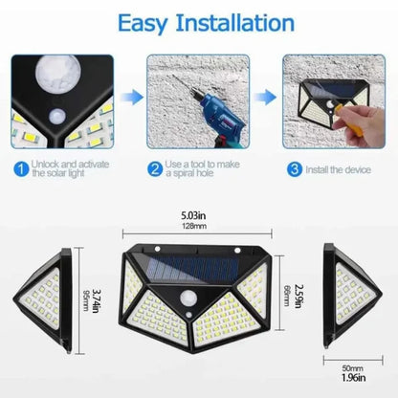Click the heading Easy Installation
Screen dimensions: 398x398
[x=198, y=21]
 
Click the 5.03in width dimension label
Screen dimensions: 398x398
[x=198, y=217]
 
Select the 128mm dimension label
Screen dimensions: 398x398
[x=198, y=228]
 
